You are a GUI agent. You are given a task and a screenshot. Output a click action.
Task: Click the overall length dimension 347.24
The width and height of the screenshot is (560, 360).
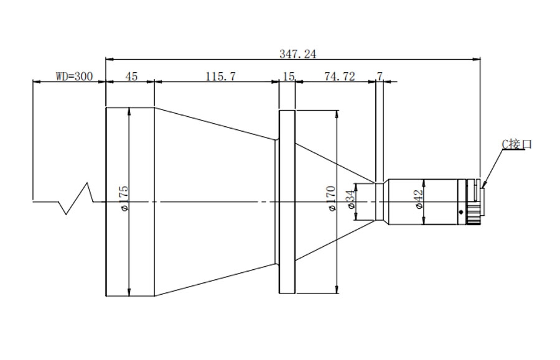[x=297, y=54]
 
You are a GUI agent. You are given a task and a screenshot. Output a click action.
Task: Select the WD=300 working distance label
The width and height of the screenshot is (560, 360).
[x=74, y=76]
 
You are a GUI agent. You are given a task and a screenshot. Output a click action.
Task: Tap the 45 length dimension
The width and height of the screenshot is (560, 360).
[x=131, y=76]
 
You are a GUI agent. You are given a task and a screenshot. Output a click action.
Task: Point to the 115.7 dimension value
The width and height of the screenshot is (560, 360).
[x=220, y=76]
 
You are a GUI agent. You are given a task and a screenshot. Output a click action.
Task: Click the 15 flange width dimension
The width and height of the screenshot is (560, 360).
[x=288, y=76]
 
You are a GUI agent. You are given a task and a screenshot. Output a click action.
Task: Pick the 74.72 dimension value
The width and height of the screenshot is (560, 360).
[x=339, y=76]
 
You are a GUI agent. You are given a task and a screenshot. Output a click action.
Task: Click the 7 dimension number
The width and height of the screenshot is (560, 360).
[x=380, y=76]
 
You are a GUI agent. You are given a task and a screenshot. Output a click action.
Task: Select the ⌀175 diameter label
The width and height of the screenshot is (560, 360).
[x=124, y=198]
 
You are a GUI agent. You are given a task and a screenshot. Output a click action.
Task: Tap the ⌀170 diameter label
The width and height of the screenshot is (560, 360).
[x=332, y=198]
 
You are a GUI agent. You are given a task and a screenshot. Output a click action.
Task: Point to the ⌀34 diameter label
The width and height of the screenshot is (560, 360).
[x=351, y=199]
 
